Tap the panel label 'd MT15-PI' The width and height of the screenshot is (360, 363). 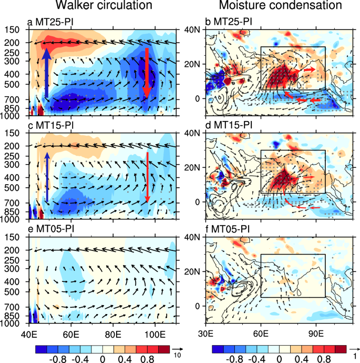[229, 125]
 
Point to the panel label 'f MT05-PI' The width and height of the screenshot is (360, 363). [229, 229]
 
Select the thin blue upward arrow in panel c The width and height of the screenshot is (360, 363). [47, 176]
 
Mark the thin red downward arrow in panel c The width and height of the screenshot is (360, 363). [148, 176]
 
